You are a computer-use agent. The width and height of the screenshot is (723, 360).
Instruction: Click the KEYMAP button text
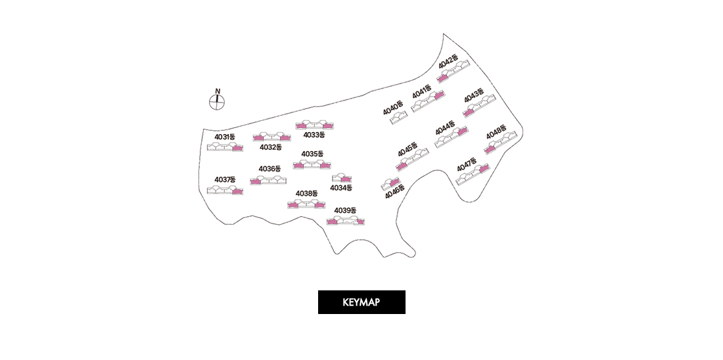pos(361,302)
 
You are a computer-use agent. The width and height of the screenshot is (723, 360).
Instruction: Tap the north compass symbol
pos(217,102)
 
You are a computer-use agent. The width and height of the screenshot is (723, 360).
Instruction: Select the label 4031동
pos(225,137)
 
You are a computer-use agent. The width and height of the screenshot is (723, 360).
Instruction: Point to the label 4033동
pos(314,135)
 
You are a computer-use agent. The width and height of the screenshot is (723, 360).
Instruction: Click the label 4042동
pos(449,62)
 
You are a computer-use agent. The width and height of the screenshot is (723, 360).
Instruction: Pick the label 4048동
pos(496,132)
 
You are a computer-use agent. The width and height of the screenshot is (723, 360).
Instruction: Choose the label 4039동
pos(345,210)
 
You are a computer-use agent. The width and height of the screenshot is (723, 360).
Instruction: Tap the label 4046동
pos(395,191)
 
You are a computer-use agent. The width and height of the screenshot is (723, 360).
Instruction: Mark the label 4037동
pos(225,179)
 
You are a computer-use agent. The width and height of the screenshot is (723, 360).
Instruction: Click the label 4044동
pos(445,127)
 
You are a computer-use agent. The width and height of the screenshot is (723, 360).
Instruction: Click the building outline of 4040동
pos(399,118)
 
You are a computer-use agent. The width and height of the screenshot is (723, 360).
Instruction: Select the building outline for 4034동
pos(342,178)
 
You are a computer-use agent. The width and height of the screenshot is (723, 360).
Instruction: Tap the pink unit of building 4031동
pos(237,148)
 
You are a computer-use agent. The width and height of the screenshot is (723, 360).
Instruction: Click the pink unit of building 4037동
pos(237,191)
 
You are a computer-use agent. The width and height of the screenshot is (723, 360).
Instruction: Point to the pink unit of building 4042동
pos(442,78)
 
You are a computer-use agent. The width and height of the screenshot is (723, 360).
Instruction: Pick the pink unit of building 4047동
pos(484,169)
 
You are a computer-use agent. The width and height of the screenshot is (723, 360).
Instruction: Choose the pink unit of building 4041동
pos(439,95)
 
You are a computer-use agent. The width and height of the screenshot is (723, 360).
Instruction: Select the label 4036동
pos(269,169)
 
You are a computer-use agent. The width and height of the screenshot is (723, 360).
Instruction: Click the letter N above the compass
pos(218,91)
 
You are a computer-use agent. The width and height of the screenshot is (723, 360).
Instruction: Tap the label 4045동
pos(408,149)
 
